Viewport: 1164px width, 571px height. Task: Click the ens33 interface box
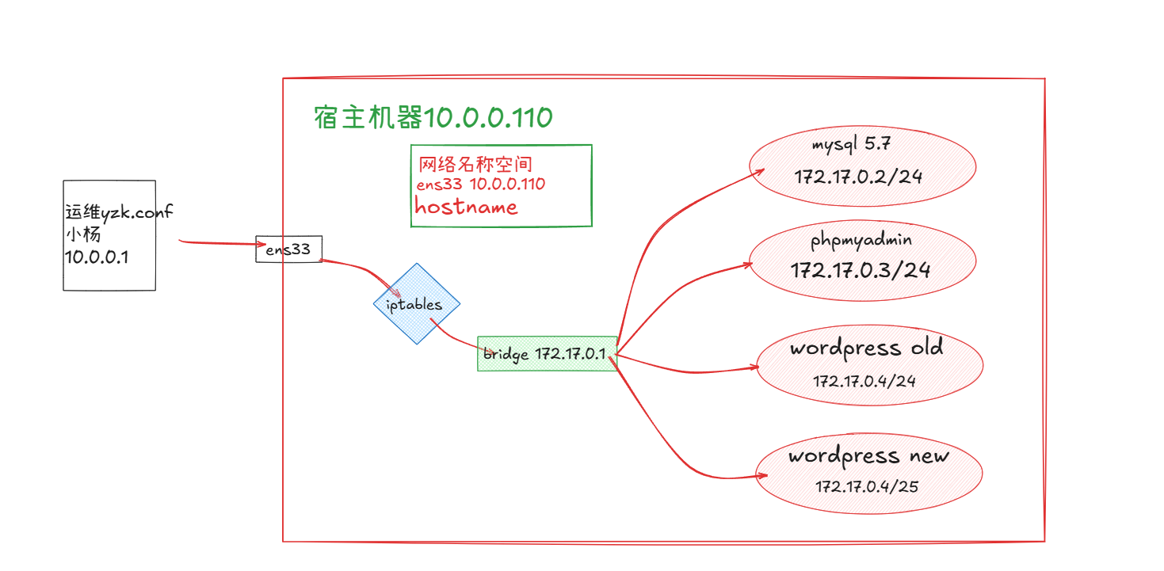click(288, 249)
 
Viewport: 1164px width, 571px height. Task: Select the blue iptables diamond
click(417, 304)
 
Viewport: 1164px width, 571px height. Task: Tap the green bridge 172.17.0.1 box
click(547, 353)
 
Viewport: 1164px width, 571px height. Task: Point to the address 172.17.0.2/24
click(859, 176)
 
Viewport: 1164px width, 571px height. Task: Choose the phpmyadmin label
click(861, 239)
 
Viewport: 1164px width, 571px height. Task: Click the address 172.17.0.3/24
click(861, 269)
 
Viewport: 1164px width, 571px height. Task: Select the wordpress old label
click(866, 348)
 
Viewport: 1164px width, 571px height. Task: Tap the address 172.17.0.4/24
click(864, 381)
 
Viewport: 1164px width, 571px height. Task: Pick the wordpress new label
click(868, 456)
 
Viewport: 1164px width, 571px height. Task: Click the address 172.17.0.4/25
click(867, 485)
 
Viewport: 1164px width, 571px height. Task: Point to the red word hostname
click(466, 207)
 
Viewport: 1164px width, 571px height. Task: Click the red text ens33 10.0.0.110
click(480, 185)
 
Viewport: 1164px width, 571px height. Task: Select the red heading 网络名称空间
click(475, 165)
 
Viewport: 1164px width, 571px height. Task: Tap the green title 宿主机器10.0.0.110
click(433, 118)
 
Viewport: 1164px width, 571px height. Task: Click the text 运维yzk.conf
click(119, 212)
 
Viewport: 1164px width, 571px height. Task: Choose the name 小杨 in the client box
click(83, 235)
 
